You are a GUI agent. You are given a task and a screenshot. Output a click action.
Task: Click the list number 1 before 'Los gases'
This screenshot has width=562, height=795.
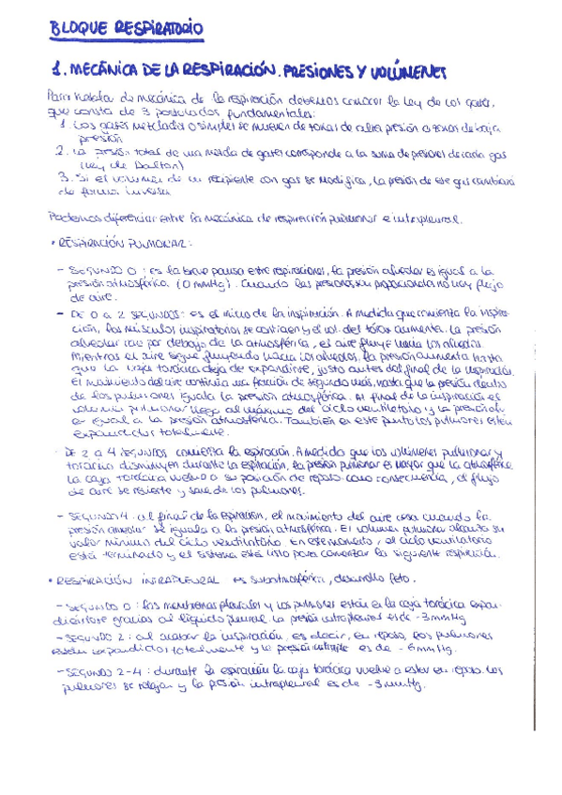[x=61, y=122]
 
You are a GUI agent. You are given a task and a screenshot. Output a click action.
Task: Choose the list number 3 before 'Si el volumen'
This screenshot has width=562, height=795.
[x=61, y=175]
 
